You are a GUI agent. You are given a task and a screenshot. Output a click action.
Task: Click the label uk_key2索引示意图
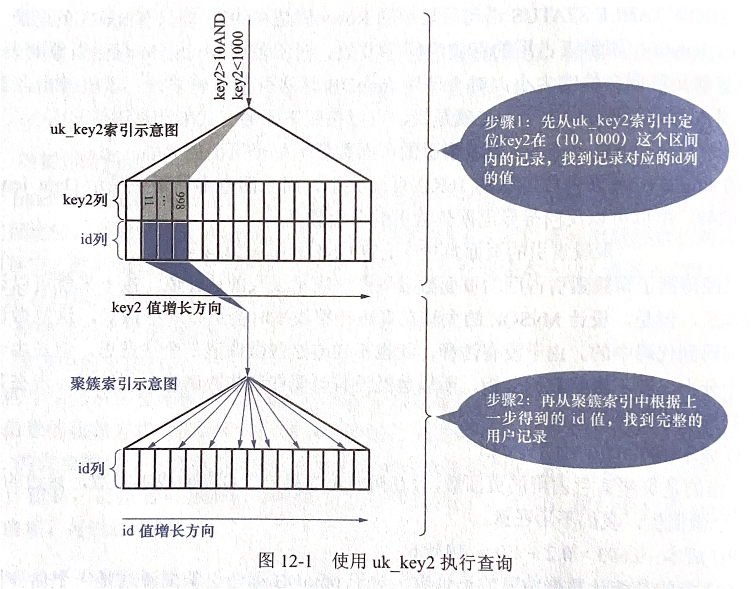(x=114, y=130)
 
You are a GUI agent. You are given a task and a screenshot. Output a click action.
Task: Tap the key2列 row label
(x=85, y=200)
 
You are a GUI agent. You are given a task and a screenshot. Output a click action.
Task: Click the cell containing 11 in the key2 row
(x=149, y=200)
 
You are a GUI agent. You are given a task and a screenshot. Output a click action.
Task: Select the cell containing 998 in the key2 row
(x=180, y=200)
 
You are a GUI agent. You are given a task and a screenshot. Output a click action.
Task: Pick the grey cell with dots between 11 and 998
(x=165, y=200)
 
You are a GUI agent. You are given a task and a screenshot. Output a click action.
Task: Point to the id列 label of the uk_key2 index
(x=93, y=239)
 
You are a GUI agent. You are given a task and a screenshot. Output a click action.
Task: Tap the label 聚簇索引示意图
(x=124, y=384)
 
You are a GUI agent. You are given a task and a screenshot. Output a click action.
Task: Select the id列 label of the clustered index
(x=91, y=468)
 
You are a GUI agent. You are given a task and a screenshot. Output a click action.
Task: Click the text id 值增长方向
(x=168, y=531)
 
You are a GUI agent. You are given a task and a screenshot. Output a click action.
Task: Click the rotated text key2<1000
(x=238, y=65)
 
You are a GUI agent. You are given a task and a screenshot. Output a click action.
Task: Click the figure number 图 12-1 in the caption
(x=285, y=562)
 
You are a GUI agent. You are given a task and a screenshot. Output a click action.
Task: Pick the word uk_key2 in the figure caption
(x=403, y=562)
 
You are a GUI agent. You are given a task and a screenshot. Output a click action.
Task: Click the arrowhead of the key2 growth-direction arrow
(x=365, y=296)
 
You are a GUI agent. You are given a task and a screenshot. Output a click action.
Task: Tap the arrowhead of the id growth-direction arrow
(x=364, y=520)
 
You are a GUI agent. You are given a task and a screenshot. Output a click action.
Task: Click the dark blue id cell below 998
(x=180, y=240)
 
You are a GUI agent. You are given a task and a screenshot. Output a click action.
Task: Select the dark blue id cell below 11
(x=149, y=240)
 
